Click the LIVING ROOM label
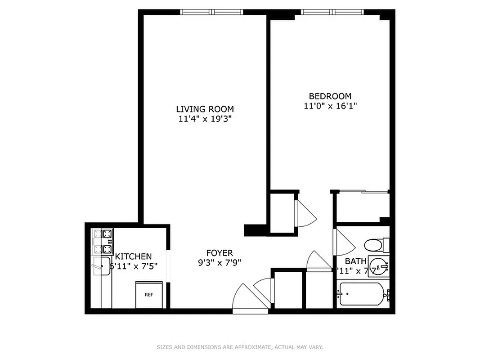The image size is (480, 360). (205, 109)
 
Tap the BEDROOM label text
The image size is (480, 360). (330, 96)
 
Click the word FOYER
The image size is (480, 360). (220, 253)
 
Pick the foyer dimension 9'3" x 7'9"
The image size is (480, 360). (220, 263)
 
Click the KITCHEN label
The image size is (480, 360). (134, 256)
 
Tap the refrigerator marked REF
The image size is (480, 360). (149, 295)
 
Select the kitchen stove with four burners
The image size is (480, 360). (103, 242)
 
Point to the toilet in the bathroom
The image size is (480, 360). (373, 245)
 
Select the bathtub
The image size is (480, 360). (362, 294)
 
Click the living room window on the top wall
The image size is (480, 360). (211, 12)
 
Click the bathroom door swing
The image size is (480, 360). (344, 243)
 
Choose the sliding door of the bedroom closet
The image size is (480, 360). (363, 192)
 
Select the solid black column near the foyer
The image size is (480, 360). (253, 230)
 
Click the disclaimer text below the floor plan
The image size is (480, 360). (240, 347)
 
